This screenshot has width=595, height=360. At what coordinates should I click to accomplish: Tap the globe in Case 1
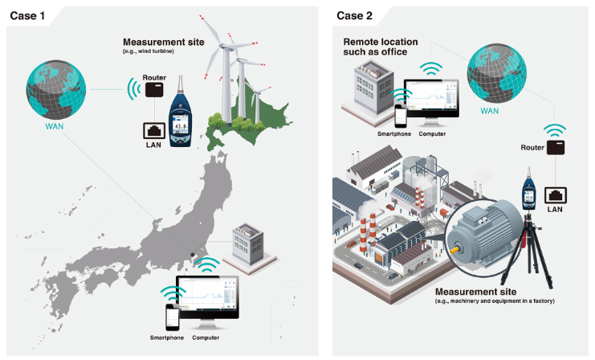click(x=53, y=85)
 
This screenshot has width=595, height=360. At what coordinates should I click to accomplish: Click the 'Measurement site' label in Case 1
click(x=162, y=42)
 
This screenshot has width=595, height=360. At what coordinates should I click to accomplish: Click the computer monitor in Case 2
click(x=431, y=100)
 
